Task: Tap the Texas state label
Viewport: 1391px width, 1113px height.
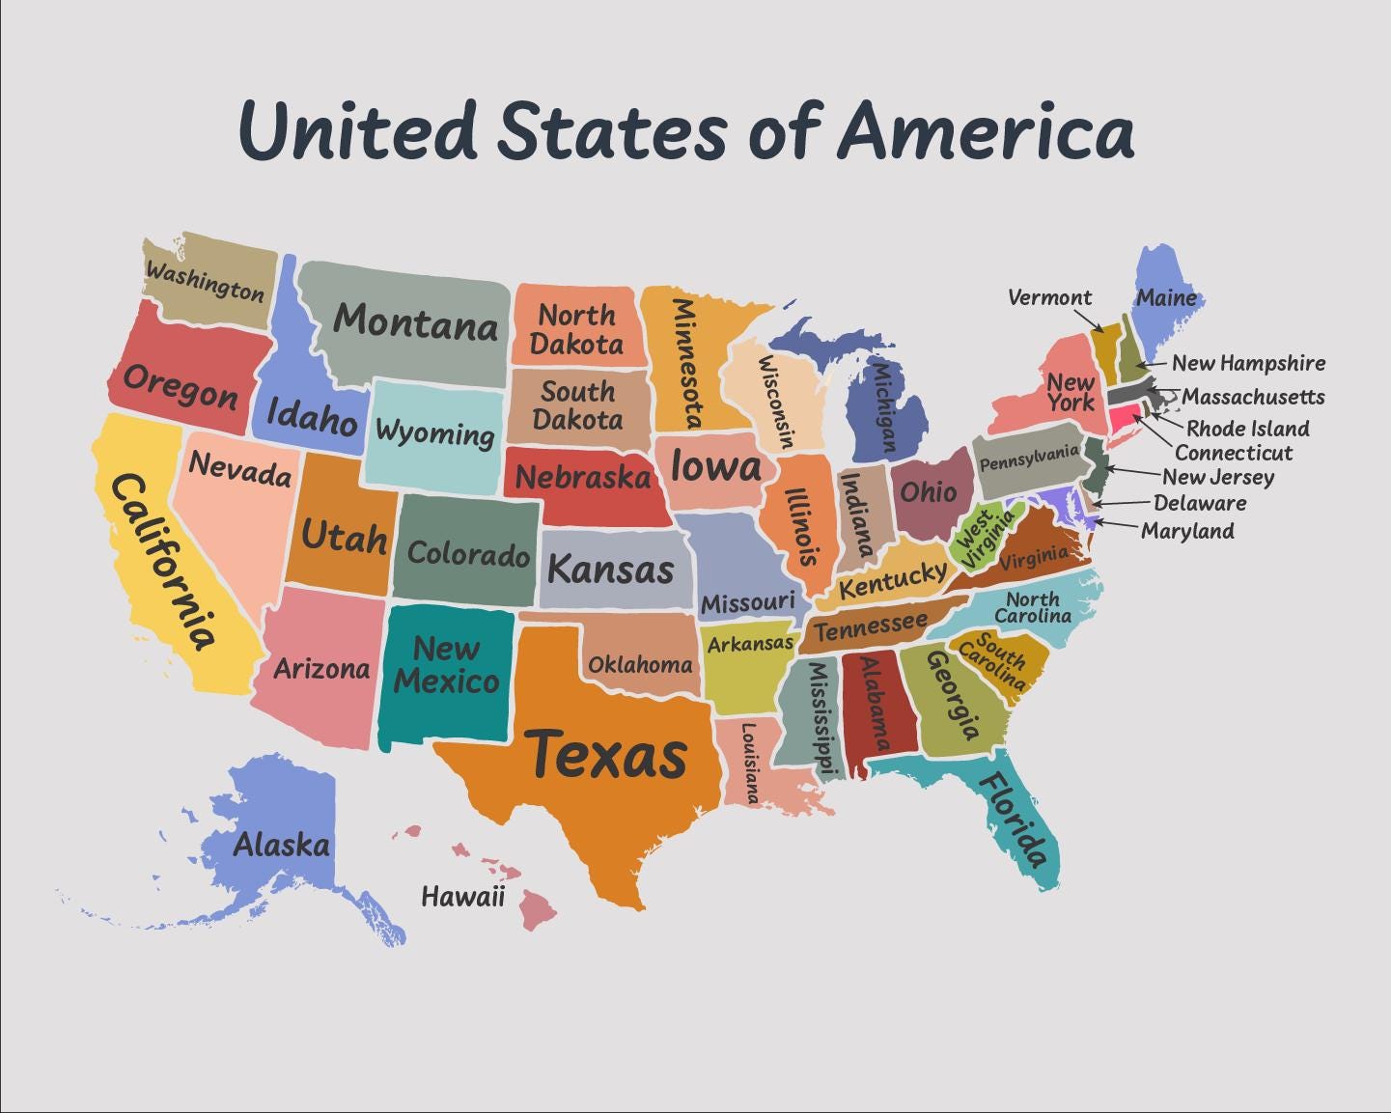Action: point(608,754)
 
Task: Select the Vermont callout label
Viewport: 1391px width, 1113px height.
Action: point(1049,297)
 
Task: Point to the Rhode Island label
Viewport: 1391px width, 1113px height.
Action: point(1247,428)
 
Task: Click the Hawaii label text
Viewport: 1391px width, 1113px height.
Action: point(462,897)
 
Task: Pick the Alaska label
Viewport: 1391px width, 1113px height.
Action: point(281,846)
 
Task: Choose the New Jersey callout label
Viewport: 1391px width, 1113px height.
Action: point(1217,477)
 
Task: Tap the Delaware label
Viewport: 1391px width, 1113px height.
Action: point(1200,503)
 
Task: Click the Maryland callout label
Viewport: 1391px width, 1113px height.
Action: point(1187,530)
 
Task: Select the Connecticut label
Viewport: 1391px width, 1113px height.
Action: point(1233,453)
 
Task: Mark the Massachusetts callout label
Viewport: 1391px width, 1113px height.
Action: point(1253,397)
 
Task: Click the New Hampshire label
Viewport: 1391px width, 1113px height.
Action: point(1248,363)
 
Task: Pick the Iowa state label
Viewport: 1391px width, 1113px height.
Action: point(715,466)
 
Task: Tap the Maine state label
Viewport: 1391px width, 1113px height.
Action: point(1166,297)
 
